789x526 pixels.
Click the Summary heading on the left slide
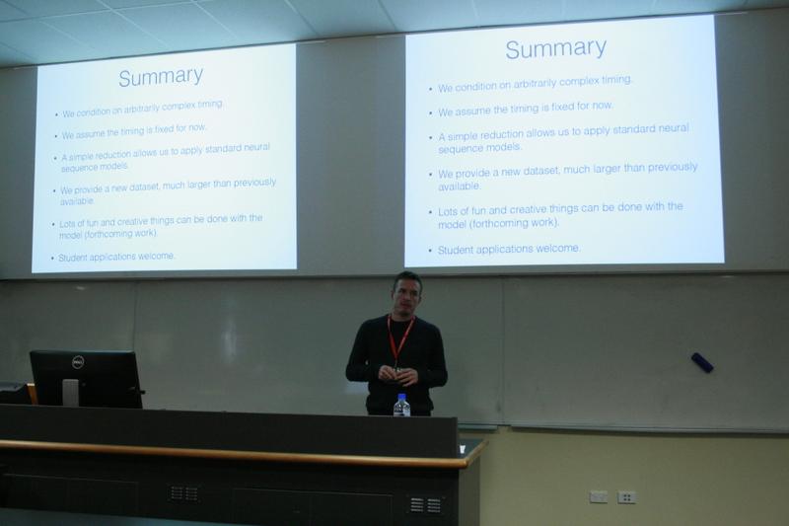[161, 77]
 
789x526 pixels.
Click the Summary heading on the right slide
[556, 48]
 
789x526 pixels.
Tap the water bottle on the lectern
[401, 406]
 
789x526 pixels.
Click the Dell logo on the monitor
[78, 362]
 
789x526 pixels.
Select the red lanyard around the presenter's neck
[400, 338]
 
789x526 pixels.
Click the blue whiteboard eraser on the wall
[702, 362]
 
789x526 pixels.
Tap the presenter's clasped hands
[397, 375]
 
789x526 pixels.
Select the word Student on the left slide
[72, 258]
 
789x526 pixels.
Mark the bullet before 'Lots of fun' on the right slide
[430, 212]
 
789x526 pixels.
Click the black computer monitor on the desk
[86, 379]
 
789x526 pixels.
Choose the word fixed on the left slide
[164, 129]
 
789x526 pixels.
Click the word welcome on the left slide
[156, 257]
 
